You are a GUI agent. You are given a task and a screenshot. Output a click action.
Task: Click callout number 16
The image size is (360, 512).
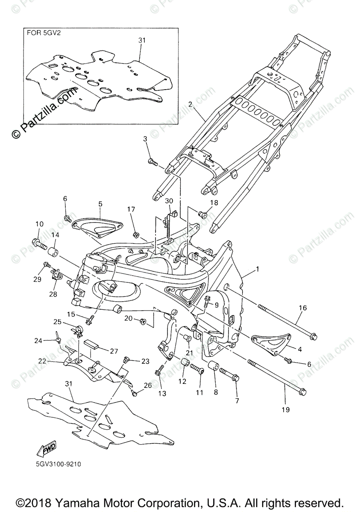click(x=302, y=307)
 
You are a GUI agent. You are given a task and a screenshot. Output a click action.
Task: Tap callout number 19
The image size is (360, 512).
click(x=285, y=410)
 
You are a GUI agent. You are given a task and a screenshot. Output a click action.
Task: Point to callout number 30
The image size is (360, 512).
click(x=169, y=201)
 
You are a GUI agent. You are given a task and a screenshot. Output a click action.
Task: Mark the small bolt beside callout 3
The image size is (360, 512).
click(x=152, y=162)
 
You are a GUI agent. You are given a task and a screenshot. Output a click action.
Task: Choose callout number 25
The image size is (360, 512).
click(x=57, y=321)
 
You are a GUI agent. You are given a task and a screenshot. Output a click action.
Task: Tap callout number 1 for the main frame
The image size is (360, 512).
click(x=258, y=269)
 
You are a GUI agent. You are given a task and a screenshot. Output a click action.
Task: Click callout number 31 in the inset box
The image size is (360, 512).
click(x=142, y=40)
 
